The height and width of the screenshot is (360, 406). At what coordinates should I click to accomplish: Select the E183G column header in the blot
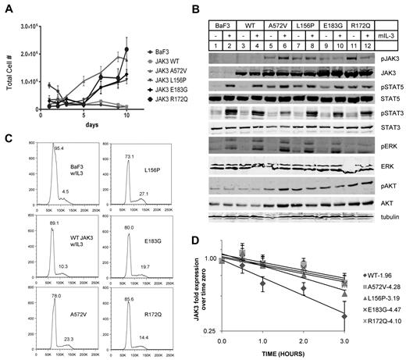(337, 24)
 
